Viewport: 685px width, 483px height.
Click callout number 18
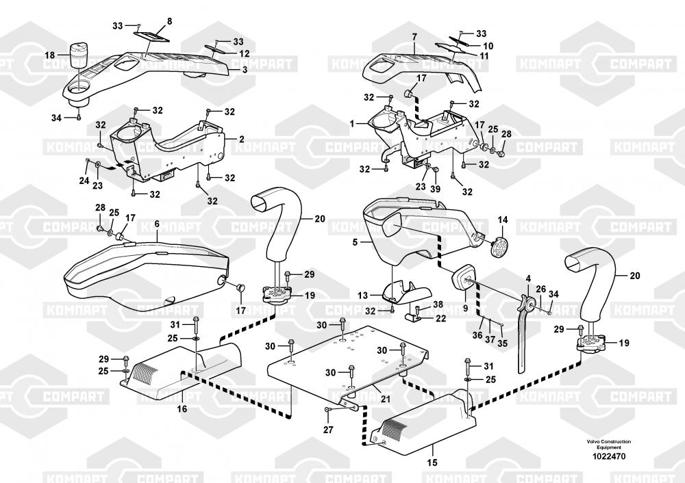click(x=50, y=55)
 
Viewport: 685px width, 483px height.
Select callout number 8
click(x=170, y=21)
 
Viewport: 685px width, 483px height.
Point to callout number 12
click(x=244, y=53)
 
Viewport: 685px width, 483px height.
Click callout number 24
click(x=84, y=181)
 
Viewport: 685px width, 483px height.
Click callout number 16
click(x=182, y=408)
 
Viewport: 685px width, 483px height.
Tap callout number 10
click(x=488, y=46)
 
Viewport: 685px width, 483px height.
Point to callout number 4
click(x=528, y=278)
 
